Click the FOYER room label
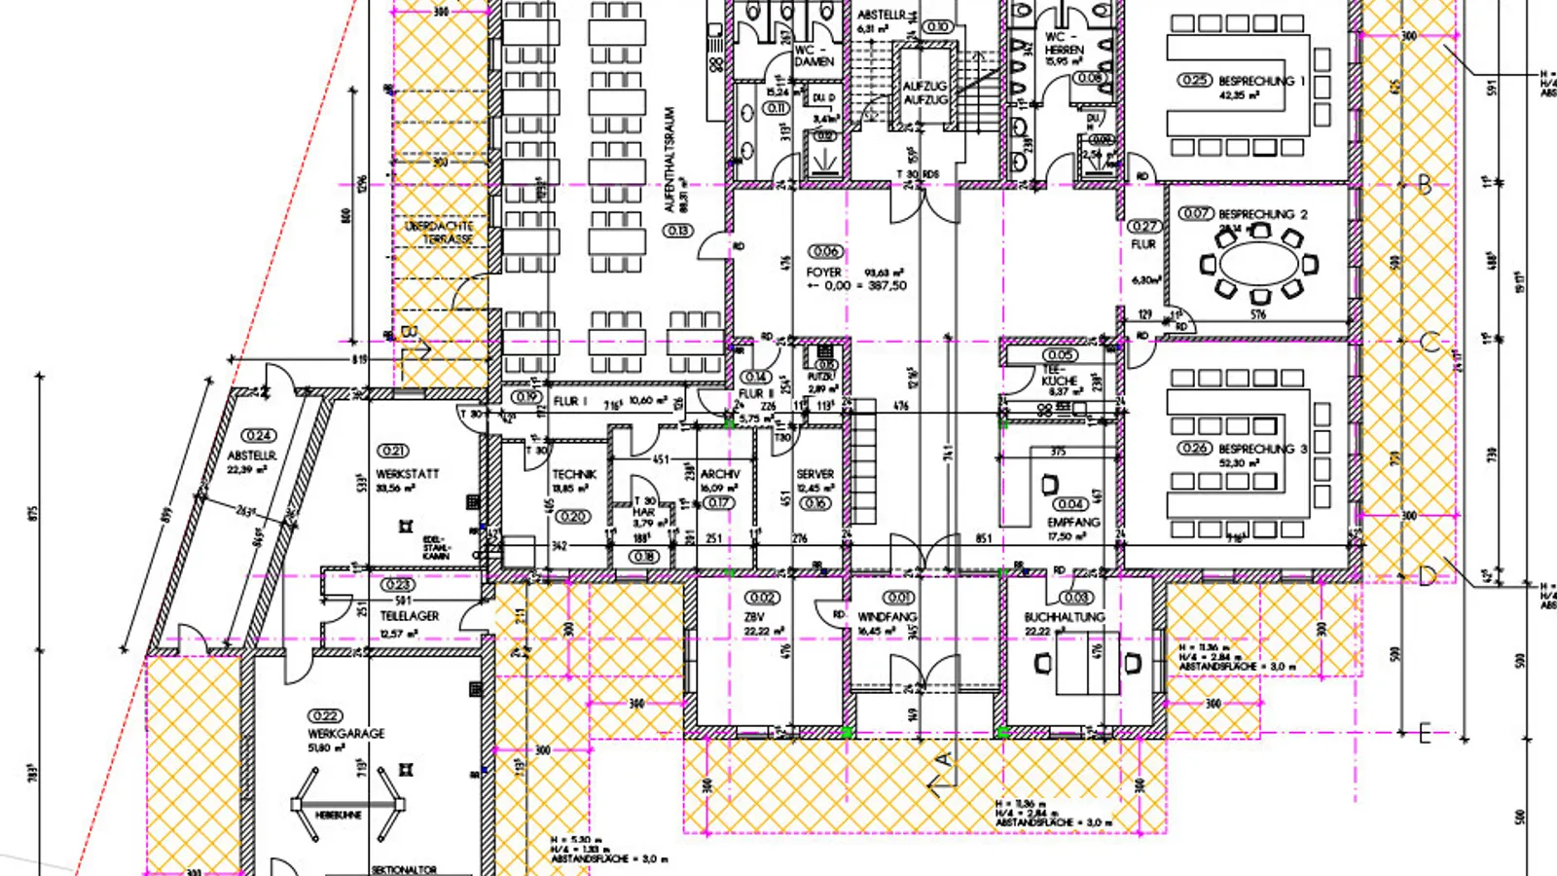pyautogui.click(x=823, y=273)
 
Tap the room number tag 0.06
pyautogui.click(x=825, y=252)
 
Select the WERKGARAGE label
pyautogui.click(x=346, y=734)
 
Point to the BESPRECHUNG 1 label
pyautogui.click(x=1261, y=81)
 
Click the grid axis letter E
pyautogui.click(x=1425, y=734)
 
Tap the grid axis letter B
pyautogui.click(x=1425, y=184)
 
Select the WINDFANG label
pyautogui.click(x=887, y=617)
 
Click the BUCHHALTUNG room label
pyautogui.click(x=1065, y=617)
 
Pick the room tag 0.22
pyautogui.click(x=325, y=716)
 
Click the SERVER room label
pyautogui.click(x=815, y=474)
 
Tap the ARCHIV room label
pyautogui.click(x=720, y=474)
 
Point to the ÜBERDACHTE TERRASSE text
pyautogui.click(x=440, y=232)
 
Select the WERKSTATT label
pyautogui.click(x=407, y=474)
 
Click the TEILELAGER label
pyautogui.click(x=409, y=616)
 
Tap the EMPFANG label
pyautogui.click(x=1073, y=523)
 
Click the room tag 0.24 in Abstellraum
pyautogui.click(x=258, y=436)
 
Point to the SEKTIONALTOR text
pyautogui.click(x=404, y=869)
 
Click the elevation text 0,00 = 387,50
pyautogui.click(x=856, y=286)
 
